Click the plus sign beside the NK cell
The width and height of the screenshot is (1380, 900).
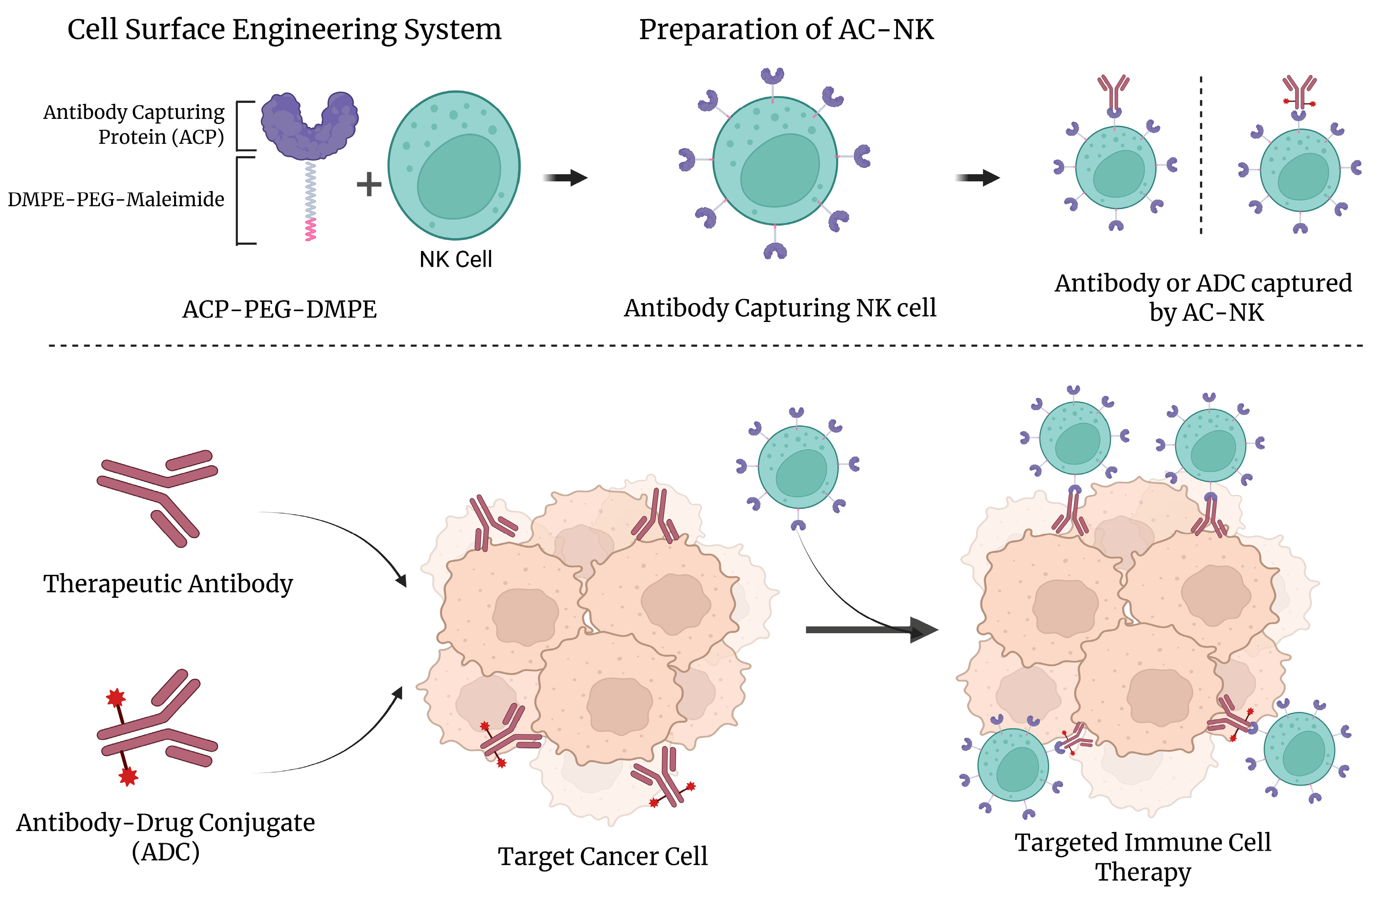[369, 185]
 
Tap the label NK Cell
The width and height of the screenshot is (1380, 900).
[456, 259]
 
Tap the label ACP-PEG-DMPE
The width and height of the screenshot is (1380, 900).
[280, 309]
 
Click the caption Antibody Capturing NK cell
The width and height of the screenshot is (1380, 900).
[780, 308]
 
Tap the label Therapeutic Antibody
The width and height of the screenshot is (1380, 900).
[168, 583]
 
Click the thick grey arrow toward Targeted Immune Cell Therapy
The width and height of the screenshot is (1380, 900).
[870, 630]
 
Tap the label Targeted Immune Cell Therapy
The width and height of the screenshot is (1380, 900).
[1142, 856]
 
